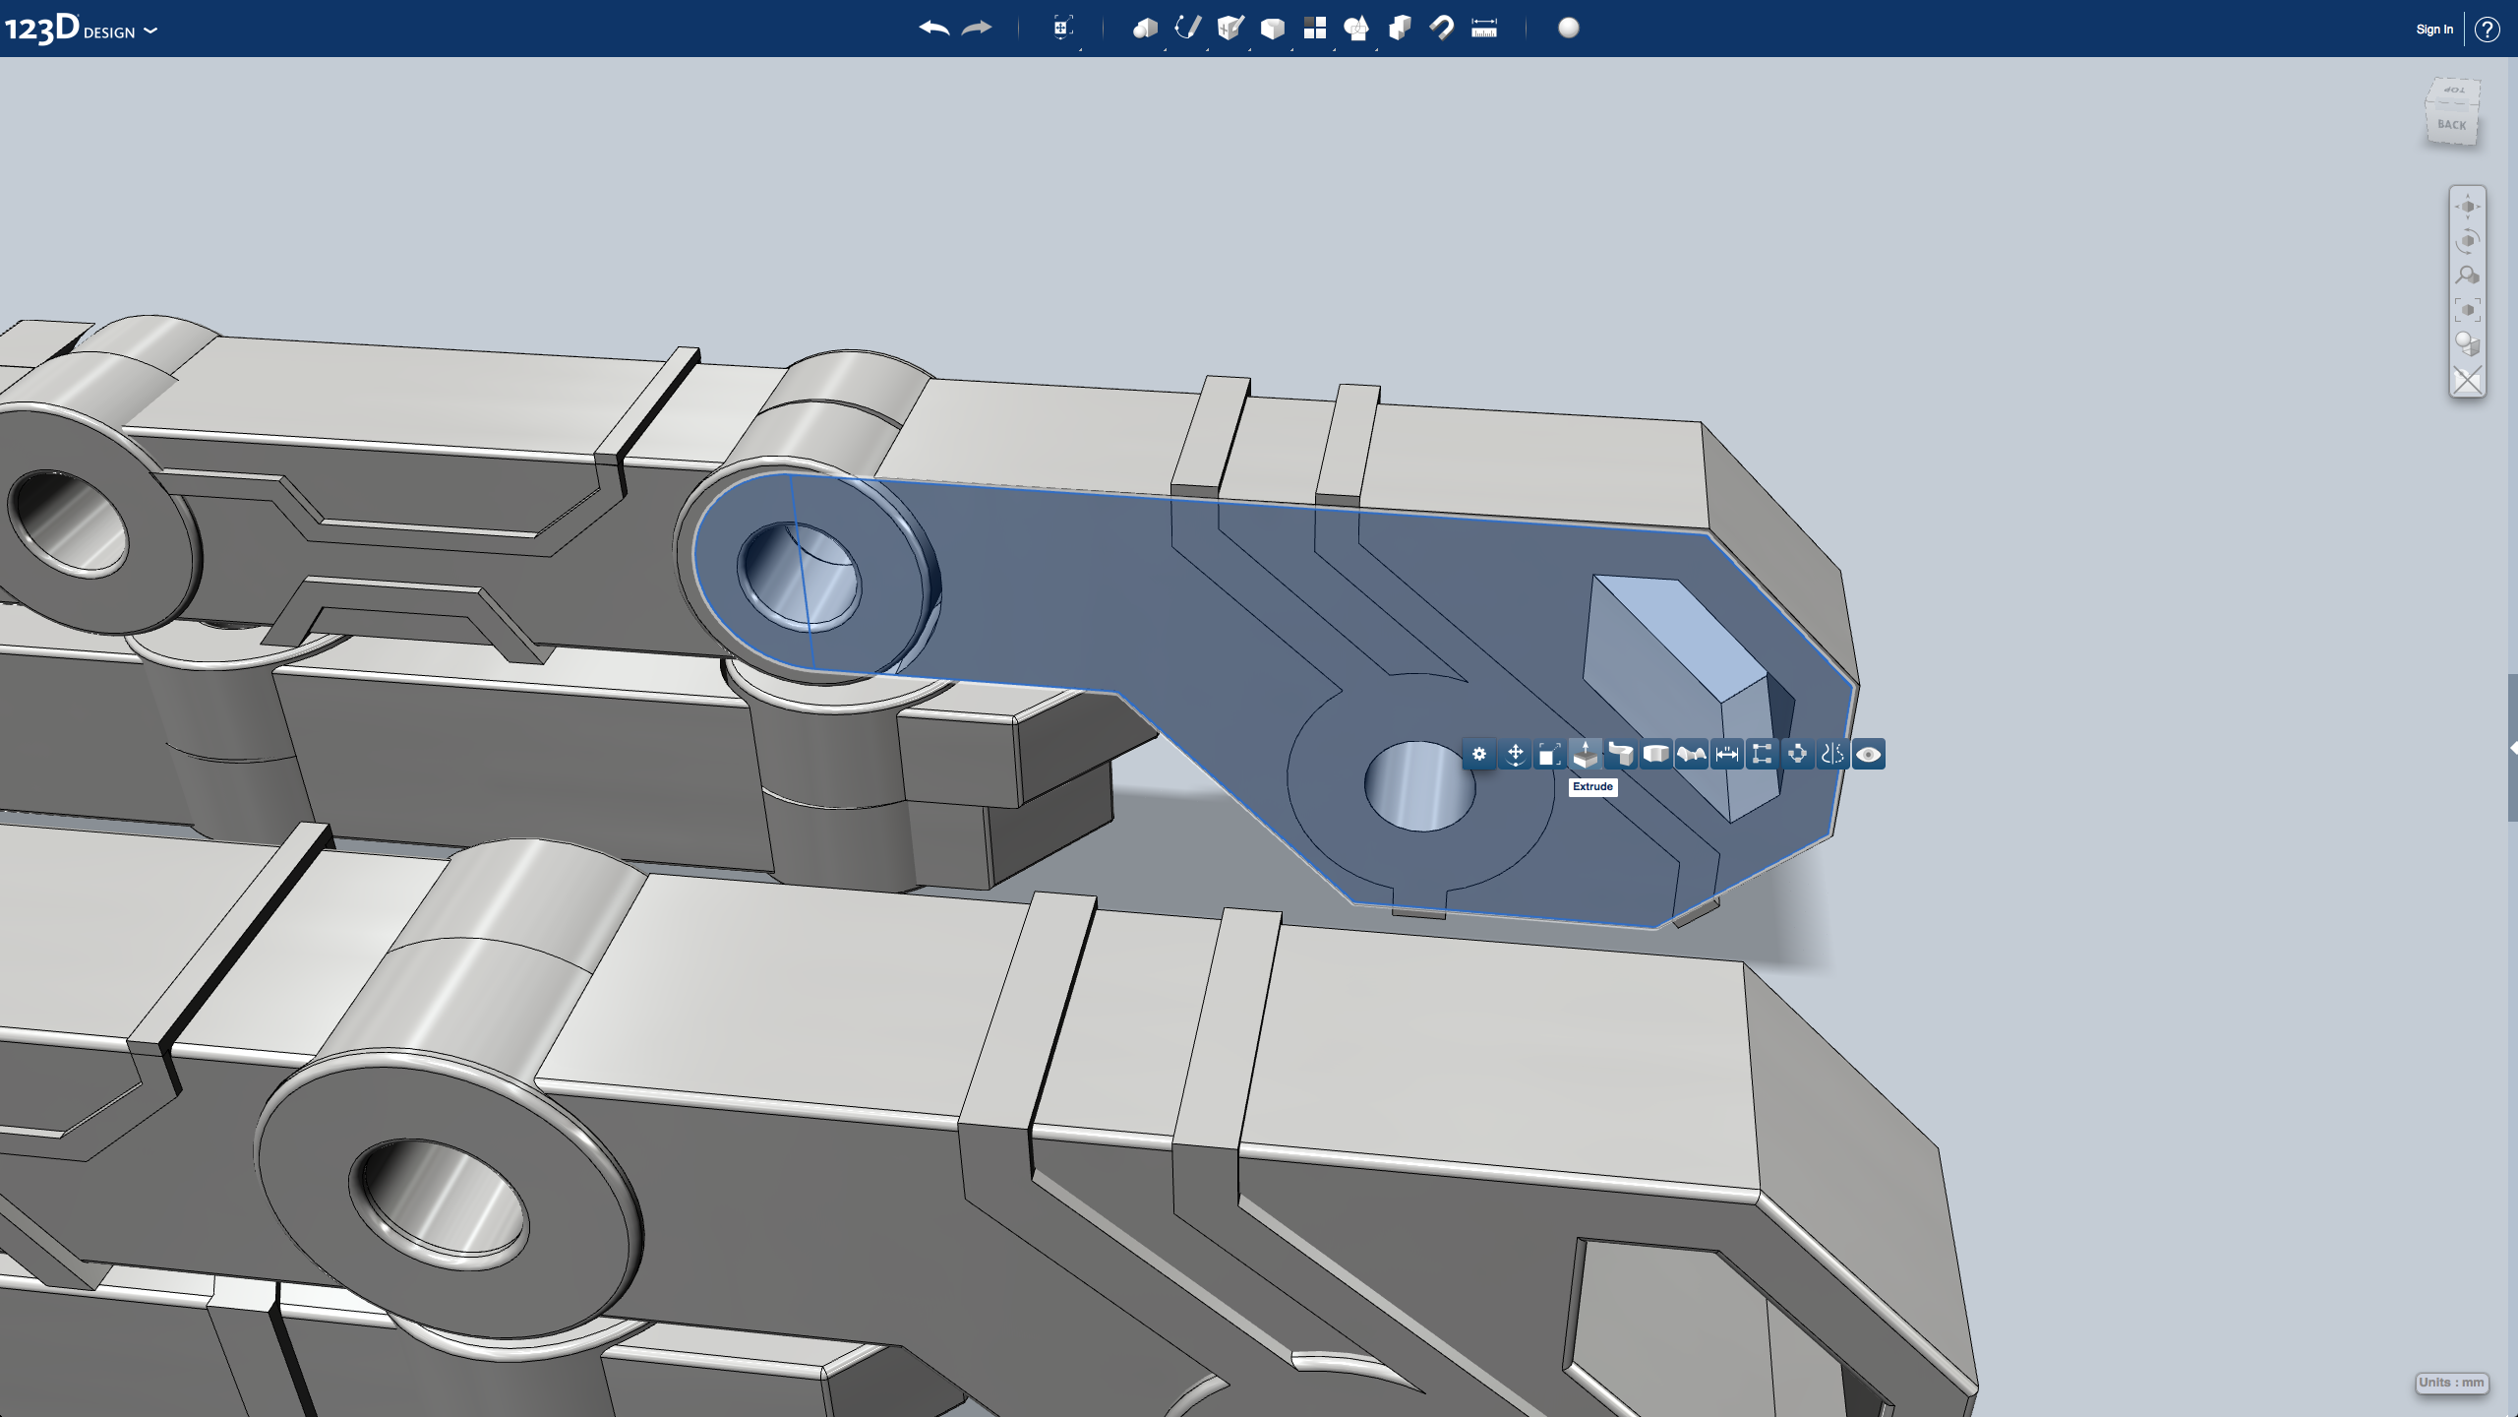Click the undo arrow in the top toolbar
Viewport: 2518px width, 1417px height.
coord(933,28)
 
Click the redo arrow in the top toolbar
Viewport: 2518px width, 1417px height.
coord(977,28)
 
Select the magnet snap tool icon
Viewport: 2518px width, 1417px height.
coord(1442,28)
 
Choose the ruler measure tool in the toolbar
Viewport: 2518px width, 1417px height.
coord(1483,28)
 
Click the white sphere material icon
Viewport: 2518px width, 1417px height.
coord(1569,28)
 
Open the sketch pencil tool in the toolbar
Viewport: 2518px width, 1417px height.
coord(1187,28)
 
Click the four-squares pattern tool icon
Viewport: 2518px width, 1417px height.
coord(1314,28)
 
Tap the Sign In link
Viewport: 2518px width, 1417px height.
coord(2433,30)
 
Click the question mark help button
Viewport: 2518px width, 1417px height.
coord(2487,30)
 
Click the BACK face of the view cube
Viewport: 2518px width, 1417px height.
coord(2451,125)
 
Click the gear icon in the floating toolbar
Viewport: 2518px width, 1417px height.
coord(1479,755)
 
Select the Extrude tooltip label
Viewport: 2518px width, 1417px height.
coord(1592,787)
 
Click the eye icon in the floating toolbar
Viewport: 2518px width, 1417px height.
coord(1868,755)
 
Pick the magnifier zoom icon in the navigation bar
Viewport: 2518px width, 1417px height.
coord(2467,276)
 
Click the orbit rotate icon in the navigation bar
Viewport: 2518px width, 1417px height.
coord(2467,241)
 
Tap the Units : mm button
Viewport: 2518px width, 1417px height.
coord(2451,1383)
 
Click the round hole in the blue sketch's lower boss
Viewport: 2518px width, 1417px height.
coord(1418,785)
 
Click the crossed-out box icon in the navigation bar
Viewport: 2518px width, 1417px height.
coord(2467,380)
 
